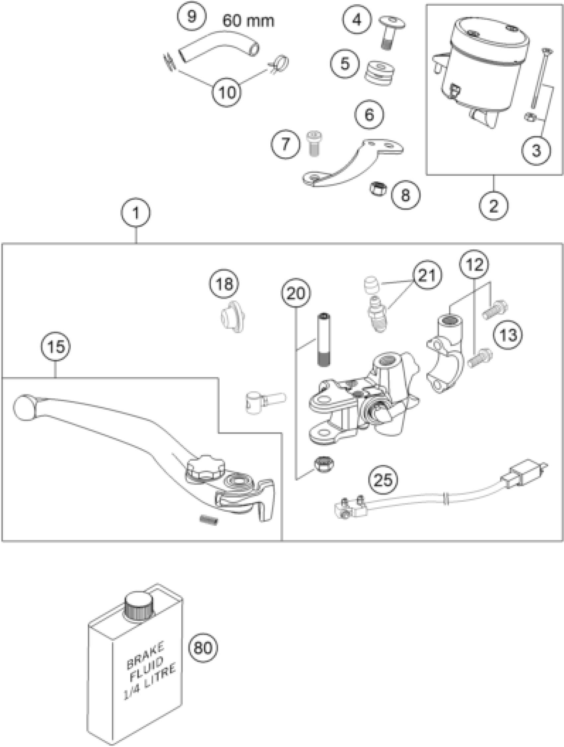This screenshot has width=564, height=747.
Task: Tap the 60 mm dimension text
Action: [248, 21]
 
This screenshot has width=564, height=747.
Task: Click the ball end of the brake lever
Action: [24, 408]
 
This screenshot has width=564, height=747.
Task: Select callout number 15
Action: [56, 347]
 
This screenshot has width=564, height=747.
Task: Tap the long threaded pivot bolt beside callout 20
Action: [323, 340]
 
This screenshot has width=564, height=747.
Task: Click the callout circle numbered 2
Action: [493, 206]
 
